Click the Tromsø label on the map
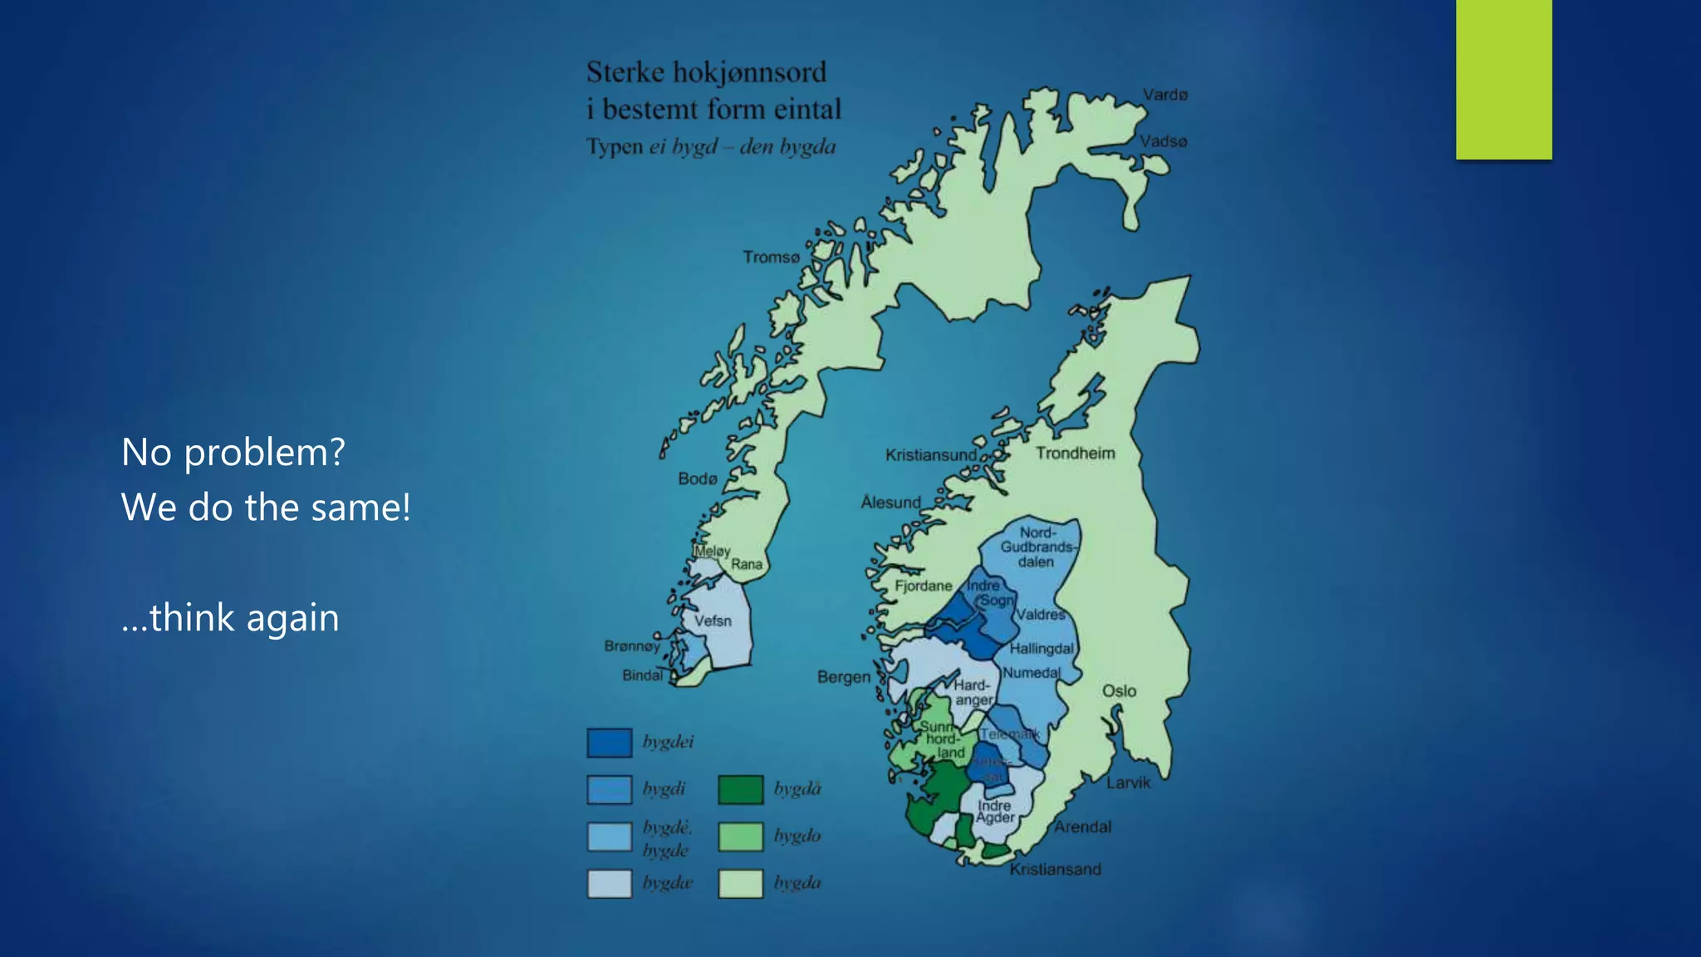[771, 258]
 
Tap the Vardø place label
[1164, 95]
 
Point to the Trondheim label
[1075, 454]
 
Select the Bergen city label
[843, 677]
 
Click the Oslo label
[1119, 691]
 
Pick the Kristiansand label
[1055, 870]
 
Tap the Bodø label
[697, 479]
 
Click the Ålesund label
[890, 503]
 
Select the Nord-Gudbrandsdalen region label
[1037, 547]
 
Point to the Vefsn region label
[713, 621]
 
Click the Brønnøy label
[631, 646]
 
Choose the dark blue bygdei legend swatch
[609, 743]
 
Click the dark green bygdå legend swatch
[740, 789]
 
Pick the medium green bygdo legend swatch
[740, 837]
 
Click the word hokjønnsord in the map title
[749, 73]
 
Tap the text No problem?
[233, 453]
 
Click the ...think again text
[230, 618]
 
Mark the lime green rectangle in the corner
[1503, 79]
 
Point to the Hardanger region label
[972, 693]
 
